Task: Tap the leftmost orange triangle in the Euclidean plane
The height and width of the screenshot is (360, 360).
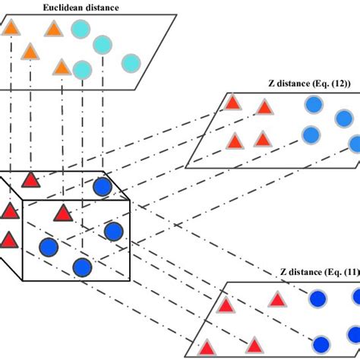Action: coord(11,30)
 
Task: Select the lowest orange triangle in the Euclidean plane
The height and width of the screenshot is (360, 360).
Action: coord(62,68)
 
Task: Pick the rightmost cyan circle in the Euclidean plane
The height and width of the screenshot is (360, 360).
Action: coord(131,63)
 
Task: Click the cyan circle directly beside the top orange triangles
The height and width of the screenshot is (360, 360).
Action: coord(80,30)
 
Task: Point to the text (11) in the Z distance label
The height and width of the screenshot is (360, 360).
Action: coord(338,273)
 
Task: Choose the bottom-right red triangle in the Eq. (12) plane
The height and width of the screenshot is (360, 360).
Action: coord(262,140)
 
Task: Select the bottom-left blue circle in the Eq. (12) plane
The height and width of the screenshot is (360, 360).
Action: coord(310,135)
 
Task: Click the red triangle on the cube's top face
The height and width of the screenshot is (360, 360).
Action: coord(30,180)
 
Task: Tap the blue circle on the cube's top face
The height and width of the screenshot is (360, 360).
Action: coord(102,188)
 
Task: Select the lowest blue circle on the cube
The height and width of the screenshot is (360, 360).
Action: coord(82,267)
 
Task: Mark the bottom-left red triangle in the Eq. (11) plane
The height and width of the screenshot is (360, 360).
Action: coord(206,349)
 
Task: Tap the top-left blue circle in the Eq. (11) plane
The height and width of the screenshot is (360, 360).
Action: coord(317,299)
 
